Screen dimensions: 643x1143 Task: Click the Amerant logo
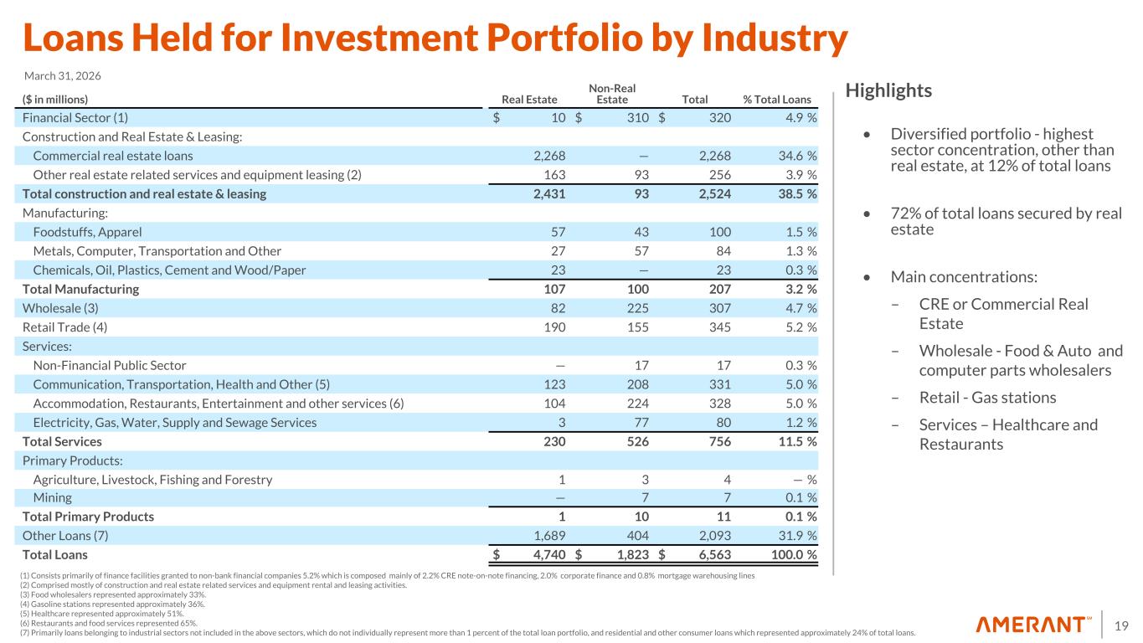click(x=1034, y=625)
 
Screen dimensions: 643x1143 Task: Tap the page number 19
click(x=1122, y=625)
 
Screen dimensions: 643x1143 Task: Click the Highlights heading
click(x=888, y=90)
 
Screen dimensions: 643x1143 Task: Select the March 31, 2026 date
click(x=62, y=76)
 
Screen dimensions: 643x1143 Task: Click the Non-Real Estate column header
click(x=611, y=94)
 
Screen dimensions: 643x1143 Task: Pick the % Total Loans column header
click(x=777, y=100)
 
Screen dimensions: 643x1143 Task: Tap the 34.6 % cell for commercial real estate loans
click(x=795, y=156)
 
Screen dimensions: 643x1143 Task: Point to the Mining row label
click(x=52, y=498)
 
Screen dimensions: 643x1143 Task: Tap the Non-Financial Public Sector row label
click(x=110, y=365)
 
